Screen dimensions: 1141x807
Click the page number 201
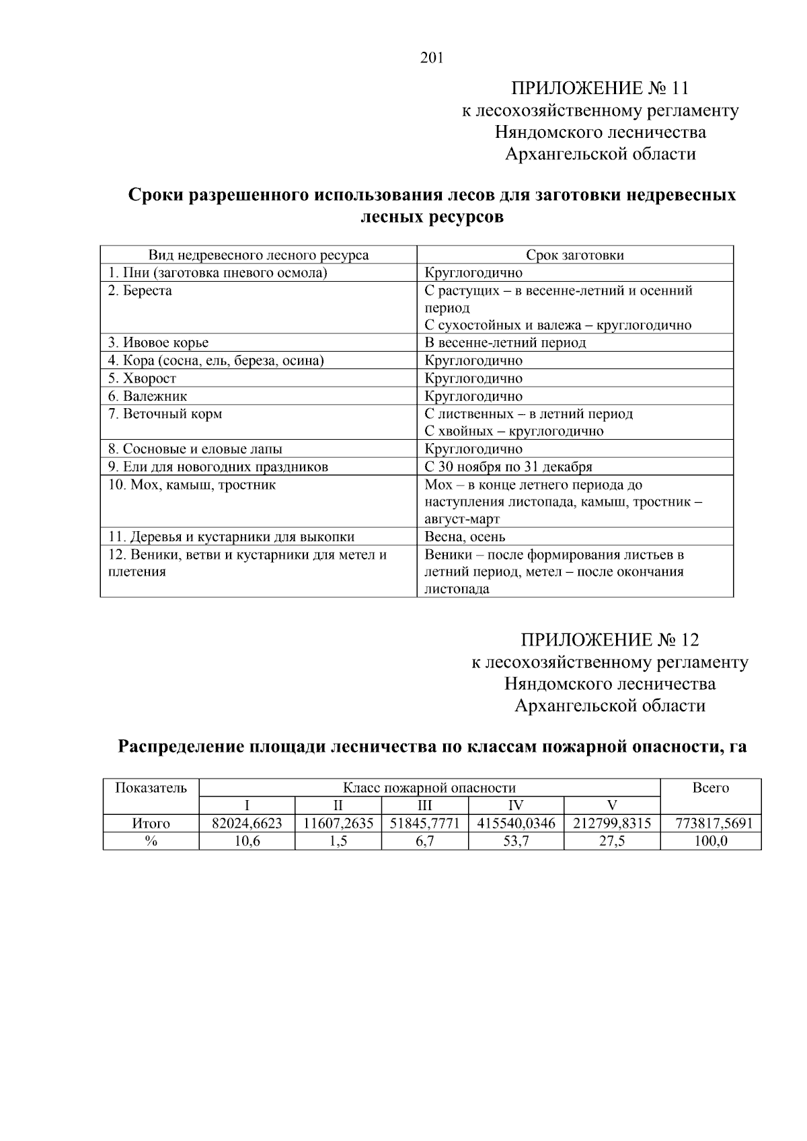(432, 58)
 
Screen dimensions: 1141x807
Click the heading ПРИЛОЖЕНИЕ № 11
(600, 88)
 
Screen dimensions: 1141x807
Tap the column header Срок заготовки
(574, 255)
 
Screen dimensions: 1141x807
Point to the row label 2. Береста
(140, 290)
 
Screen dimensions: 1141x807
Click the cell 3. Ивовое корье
(159, 343)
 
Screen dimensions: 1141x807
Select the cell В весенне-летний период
(505, 343)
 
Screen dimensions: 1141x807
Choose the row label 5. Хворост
(142, 379)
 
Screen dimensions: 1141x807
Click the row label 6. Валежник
(148, 396)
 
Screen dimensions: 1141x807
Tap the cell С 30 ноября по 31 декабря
(508, 467)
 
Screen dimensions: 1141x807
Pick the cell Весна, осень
(465, 537)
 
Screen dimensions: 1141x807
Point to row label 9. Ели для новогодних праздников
(218, 467)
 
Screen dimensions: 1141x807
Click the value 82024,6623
(247, 824)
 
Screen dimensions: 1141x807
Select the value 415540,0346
(516, 824)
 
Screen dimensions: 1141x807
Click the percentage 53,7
(516, 841)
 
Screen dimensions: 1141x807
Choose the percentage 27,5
(612, 841)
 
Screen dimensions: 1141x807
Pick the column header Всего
(710, 788)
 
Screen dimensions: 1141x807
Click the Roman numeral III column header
(424, 805)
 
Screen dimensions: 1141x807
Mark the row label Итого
(151, 824)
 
